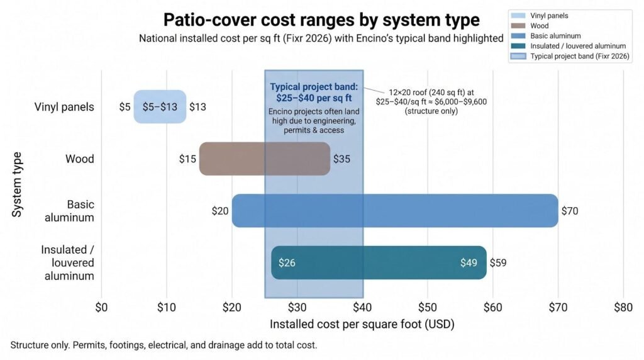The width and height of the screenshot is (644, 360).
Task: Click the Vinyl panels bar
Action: click(x=160, y=106)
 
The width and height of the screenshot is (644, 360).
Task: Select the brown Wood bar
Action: click(x=265, y=159)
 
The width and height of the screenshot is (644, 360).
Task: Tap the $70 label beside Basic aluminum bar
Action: click(x=570, y=211)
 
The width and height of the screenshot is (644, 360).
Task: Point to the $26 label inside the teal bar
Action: click(x=287, y=262)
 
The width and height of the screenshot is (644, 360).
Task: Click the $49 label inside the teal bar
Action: click(x=469, y=262)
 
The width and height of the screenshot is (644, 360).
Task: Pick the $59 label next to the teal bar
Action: click(x=498, y=262)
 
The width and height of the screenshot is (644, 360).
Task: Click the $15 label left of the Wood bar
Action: click(x=187, y=159)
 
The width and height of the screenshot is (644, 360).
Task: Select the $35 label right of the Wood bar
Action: click(x=341, y=159)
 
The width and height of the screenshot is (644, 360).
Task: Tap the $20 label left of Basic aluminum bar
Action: click(x=220, y=211)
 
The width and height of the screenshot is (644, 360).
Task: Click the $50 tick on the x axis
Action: click(x=428, y=307)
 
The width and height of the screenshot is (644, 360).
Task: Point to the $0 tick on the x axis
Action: click(x=101, y=307)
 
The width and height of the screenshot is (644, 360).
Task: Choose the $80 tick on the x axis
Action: click(x=623, y=307)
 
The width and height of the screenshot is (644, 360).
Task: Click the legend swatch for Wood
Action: click(x=518, y=25)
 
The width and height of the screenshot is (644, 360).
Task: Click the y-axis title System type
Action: click(x=16, y=184)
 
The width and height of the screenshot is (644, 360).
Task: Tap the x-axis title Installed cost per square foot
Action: click(x=362, y=324)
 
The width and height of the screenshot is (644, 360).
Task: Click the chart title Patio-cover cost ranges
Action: click(x=321, y=20)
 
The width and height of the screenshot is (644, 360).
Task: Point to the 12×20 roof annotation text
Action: click(x=431, y=101)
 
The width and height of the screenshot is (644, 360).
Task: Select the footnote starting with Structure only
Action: click(x=164, y=345)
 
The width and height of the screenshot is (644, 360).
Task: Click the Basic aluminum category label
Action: click(x=69, y=211)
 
